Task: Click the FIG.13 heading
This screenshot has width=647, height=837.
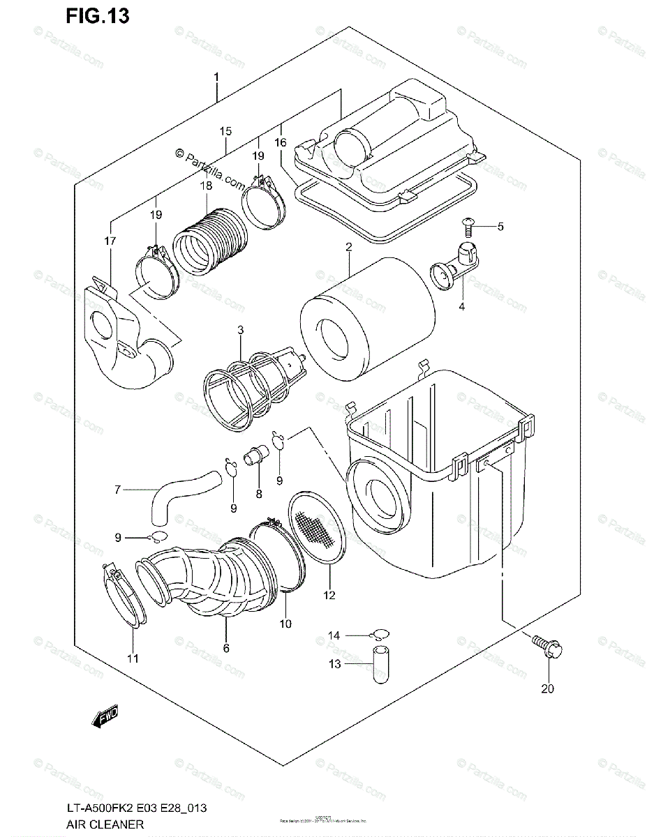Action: [x=98, y=17]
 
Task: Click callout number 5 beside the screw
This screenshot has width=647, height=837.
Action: [x=500, y=227]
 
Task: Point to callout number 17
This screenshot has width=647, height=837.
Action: [x=110, y=241]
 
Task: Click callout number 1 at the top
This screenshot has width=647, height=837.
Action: [x=216, y=77]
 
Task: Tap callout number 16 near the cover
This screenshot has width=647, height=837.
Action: [x=281, y=142]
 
